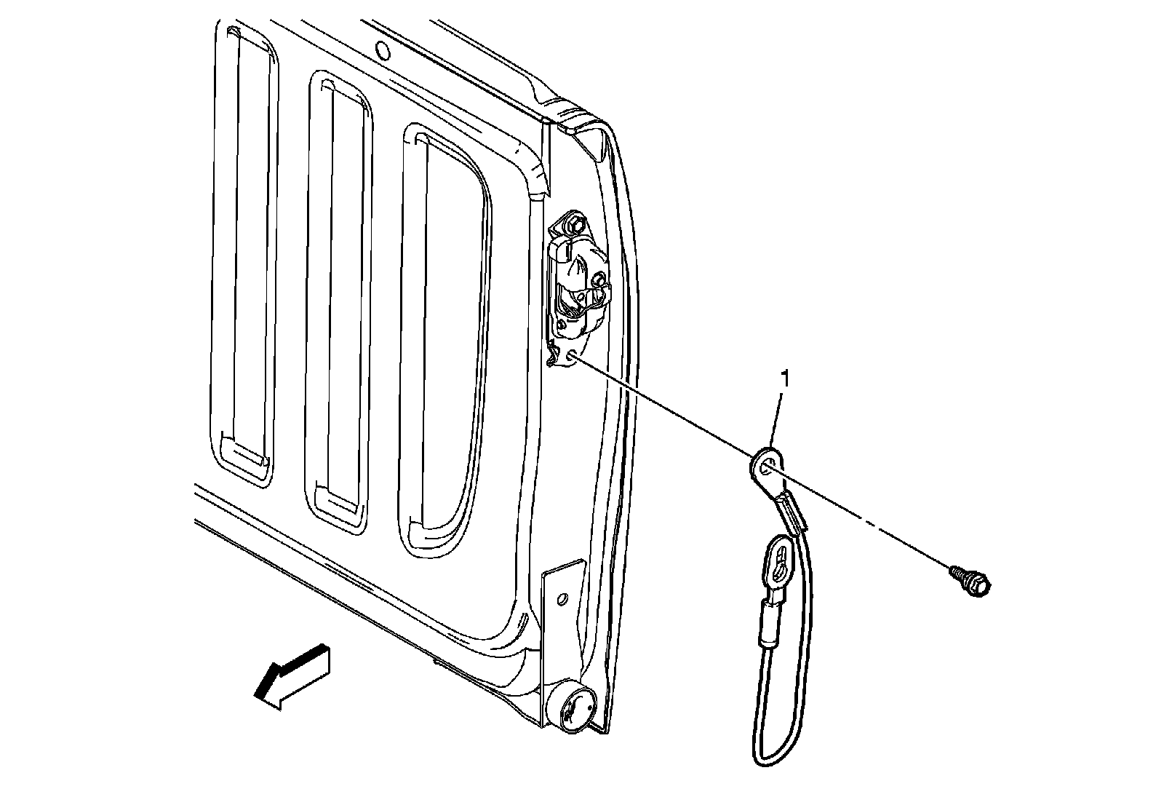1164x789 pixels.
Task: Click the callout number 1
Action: (784, 379)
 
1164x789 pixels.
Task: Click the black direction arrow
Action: (292, 674)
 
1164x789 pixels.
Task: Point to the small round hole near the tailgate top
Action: (380, 49)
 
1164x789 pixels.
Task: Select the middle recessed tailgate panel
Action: (338, 291)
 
